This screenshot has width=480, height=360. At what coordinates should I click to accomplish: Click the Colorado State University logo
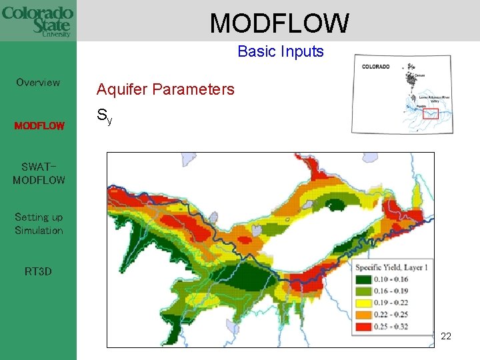[x=37, y=21]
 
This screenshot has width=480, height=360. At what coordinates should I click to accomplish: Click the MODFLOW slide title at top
[x=279, y=23]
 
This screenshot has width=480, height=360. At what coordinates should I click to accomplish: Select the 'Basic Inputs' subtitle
[x=281, y=51]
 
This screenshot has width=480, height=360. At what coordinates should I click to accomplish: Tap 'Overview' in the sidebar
[x=38, y=83]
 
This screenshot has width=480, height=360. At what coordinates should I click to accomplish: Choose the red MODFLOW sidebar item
[x=39, y=125]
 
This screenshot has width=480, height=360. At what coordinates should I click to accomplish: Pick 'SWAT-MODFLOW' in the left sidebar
[x=39, y=173]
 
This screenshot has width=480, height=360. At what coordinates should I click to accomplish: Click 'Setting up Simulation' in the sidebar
[x=39, y=224]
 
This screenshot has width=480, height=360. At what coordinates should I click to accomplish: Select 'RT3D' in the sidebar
[x=38, y=272]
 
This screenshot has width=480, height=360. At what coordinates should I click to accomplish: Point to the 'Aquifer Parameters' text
[x=165, y=89]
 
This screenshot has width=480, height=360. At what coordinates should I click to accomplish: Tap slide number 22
[x=446, y=336]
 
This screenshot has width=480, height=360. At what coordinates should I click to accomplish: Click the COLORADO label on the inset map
[x=376, y=67]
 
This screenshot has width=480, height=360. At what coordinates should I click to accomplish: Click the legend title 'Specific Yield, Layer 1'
[x=391, y=267]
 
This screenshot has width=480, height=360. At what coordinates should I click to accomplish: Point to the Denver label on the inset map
[x=419, y=76]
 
